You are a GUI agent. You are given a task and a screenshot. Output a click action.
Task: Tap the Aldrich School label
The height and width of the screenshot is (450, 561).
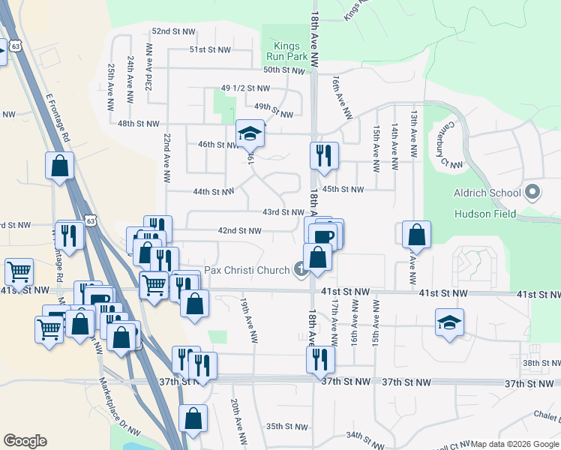[487, 193]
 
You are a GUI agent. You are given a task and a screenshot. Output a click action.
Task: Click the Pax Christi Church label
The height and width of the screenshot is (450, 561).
[247, 269]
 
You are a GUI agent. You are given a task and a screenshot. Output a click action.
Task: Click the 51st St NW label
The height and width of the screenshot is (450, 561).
[208, 49]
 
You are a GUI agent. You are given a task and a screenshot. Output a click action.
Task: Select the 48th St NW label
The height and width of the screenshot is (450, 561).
[139, 123]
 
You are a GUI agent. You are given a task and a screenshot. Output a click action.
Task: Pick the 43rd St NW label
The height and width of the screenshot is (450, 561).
[283, 212]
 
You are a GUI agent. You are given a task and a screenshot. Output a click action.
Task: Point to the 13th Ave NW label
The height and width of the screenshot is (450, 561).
[413, 128]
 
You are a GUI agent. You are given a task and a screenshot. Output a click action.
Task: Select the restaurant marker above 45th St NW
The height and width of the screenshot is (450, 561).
[324, 155]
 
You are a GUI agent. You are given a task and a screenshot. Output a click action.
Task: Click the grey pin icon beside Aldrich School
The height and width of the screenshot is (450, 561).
[532, 193]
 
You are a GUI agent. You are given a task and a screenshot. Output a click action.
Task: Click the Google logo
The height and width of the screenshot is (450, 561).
[25, 441]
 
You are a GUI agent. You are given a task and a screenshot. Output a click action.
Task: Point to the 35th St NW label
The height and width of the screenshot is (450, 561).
[286, 427]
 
